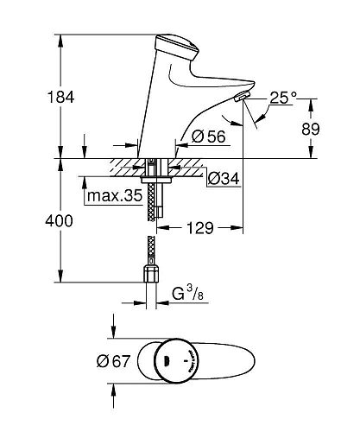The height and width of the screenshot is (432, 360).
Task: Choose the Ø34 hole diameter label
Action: pyautogui.click(x=222, y=179)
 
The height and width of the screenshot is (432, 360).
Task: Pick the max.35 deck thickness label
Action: pyautogui.click(x=114, y=196)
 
